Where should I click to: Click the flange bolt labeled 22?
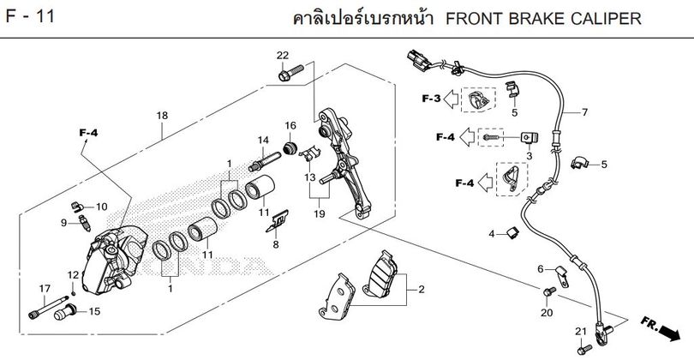point(290,73)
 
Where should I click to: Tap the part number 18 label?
point(162,116)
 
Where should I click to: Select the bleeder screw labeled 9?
point(85,223)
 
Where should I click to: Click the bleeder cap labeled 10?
point(77,207)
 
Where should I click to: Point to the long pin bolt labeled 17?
point(48,307)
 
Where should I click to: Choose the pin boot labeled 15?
point(65,312)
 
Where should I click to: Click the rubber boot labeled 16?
point(290,148)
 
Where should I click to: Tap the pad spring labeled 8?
point(278,221)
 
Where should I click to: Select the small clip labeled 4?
point(512,232)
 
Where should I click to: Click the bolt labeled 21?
point(584,350)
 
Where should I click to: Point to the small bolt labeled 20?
point(549,291)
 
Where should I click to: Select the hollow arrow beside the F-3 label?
point(451,99)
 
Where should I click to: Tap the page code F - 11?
point(30,16)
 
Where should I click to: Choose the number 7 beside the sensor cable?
point(584,112)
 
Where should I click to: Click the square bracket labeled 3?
point(529,138)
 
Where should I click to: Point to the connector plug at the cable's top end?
point(418,60)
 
